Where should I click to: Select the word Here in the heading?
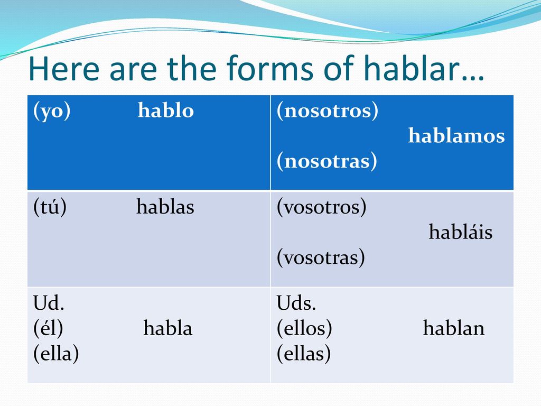tap(64, 68)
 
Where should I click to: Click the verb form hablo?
tap(165, 110)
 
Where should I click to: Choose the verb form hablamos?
tap(456, 135)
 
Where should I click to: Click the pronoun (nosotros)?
tap(328, 111)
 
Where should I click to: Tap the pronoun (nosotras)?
tap(327, 161)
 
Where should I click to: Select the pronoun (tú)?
tap(50, 207)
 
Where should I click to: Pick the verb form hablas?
tap(165, 207)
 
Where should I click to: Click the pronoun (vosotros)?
tap(322, 207)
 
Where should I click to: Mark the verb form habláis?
tap(461, 232)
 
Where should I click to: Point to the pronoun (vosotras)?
tap(321, 257)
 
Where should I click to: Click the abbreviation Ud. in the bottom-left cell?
tap(49, 303)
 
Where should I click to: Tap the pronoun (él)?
tap(48, 328)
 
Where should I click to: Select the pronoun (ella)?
tap(56, 354)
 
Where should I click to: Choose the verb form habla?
tap(168, 328)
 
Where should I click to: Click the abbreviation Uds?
tap(296, 303)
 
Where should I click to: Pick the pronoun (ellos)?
tap(304, 328)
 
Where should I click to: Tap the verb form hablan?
tap(454, 328)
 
